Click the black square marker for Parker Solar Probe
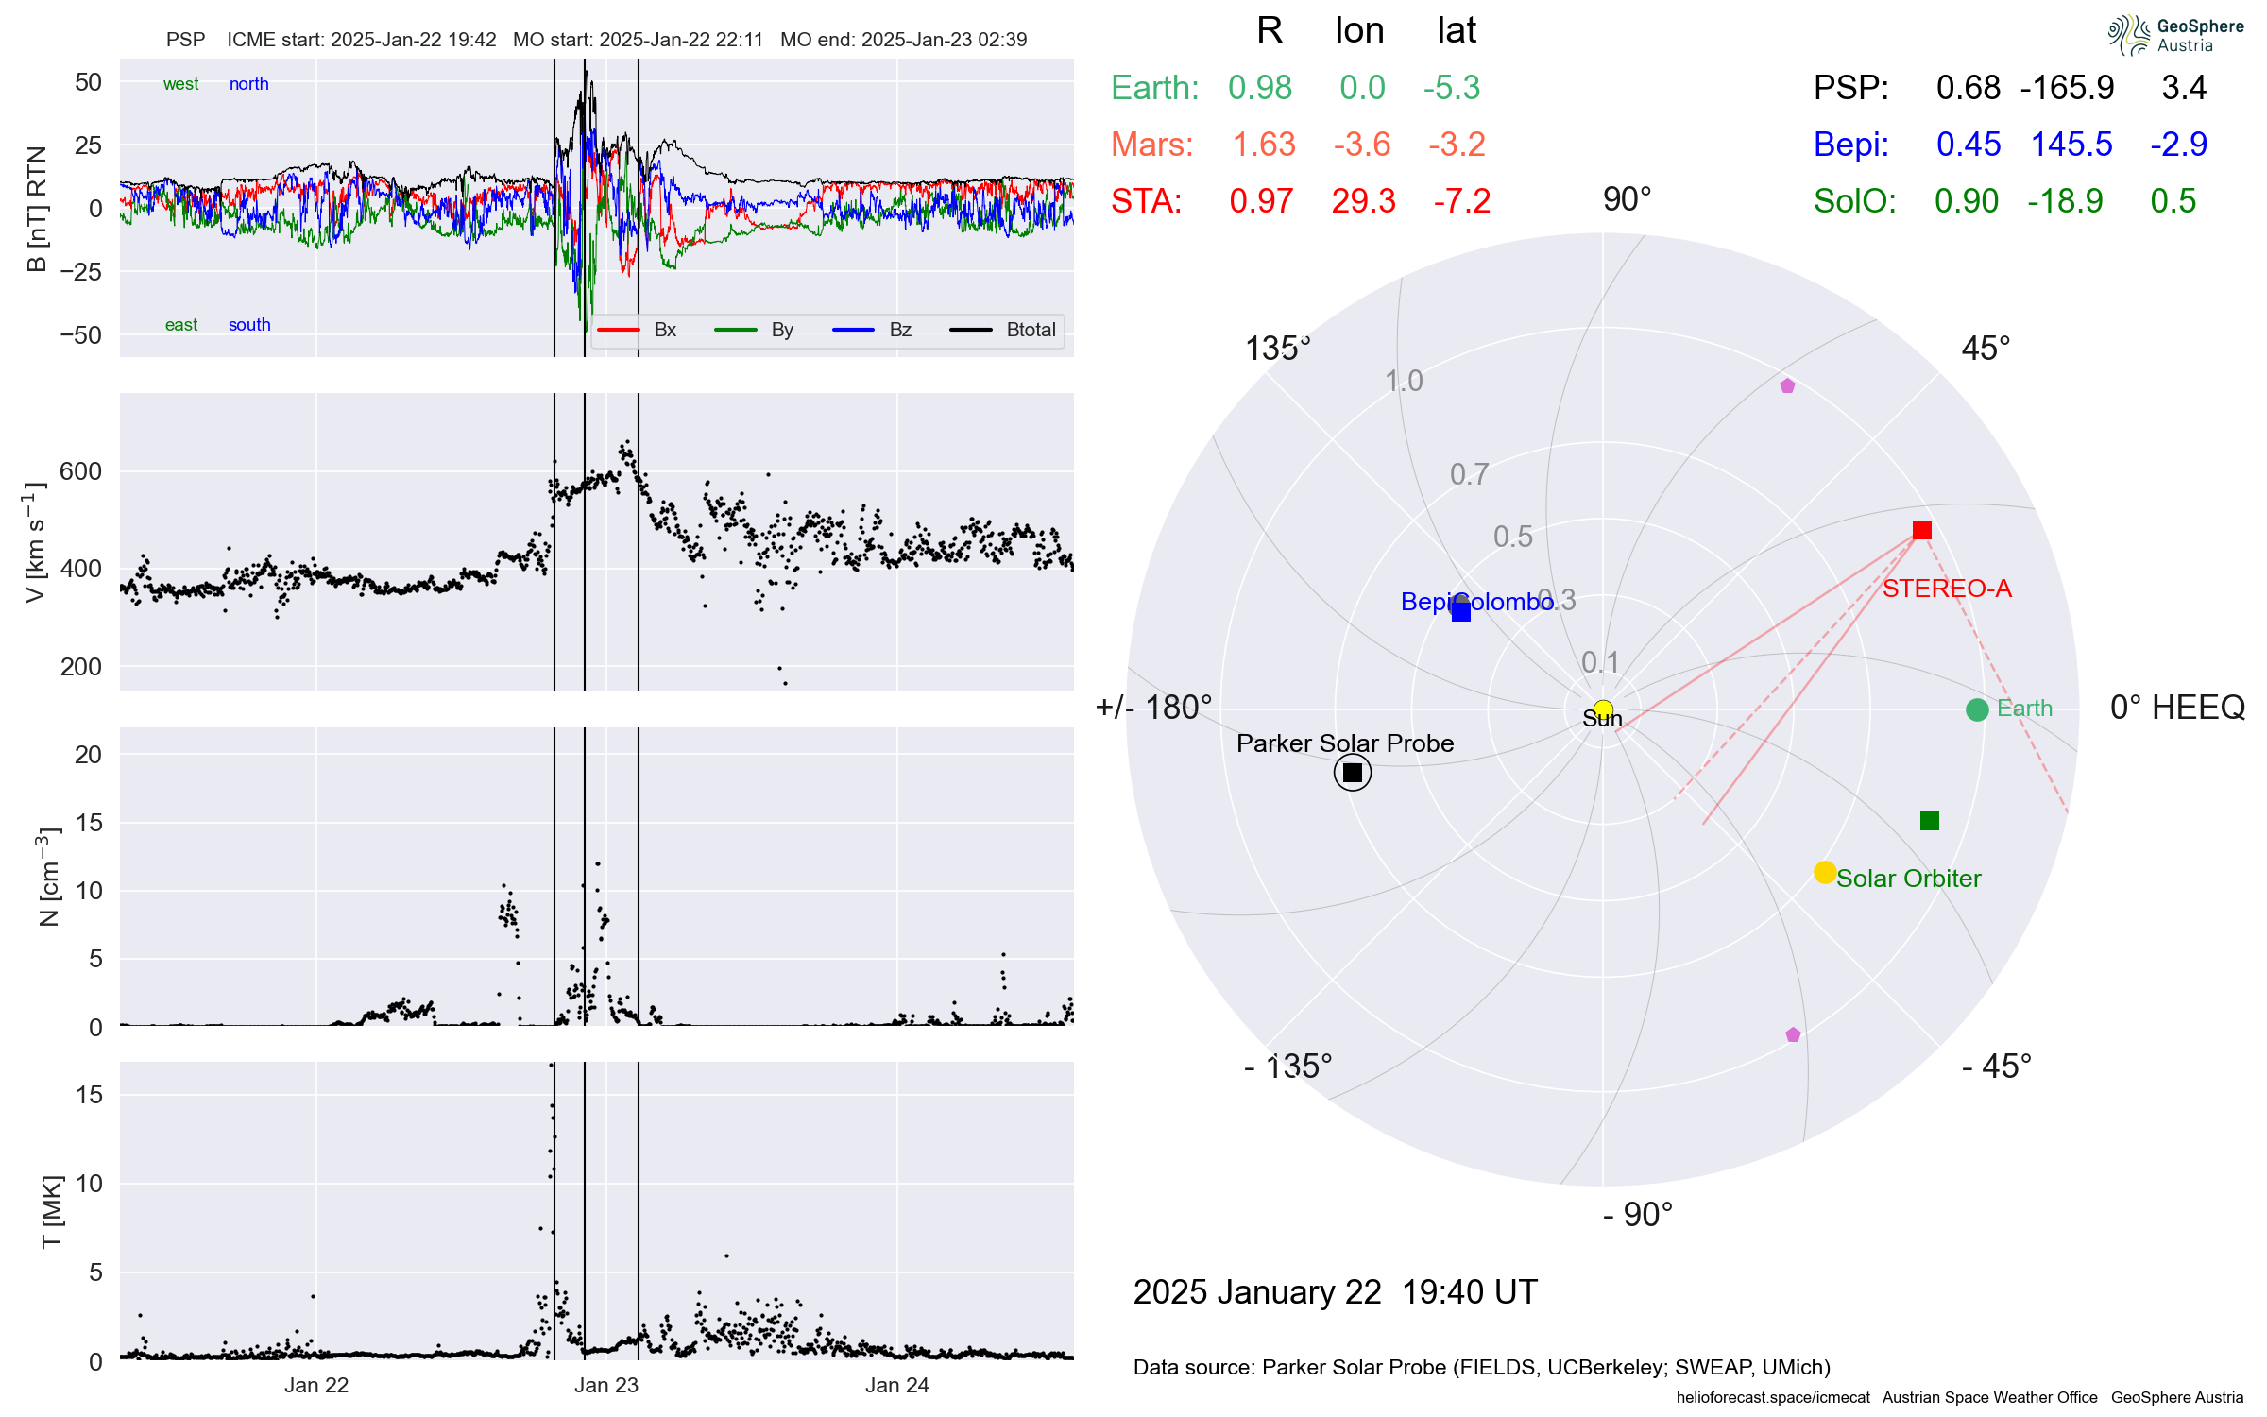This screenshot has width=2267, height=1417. [x=1353, y=773]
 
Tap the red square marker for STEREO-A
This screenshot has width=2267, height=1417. [x=1921, y=530]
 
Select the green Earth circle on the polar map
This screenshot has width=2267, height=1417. [x=1976, y=709]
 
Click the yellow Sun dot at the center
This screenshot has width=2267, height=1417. [x=1603, y=709]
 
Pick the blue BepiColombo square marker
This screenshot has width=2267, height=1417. [x=1461, y=611]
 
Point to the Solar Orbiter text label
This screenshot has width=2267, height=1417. [x=1908, y=879]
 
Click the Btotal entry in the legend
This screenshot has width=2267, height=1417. [x=1030, y=330]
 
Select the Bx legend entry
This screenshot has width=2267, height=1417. [x=664, y=330]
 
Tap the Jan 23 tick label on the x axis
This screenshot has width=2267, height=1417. [x=606, y=1385]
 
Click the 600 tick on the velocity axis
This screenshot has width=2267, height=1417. [x=80, y=471]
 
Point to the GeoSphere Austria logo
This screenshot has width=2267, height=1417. [x=2175, y=35]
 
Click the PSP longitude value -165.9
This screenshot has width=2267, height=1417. [x=2067, y=88]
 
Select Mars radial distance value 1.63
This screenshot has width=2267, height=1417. [x=1264, y=145]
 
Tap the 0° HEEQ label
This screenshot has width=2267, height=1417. [x=2176, y=708]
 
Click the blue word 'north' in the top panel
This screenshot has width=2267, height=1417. [x=248, y=84]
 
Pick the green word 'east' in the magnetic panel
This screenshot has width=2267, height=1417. [x=181, y=325]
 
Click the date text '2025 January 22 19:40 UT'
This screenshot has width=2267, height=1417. [x=1335, y=1291]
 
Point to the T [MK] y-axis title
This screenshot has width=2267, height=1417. [x=51, y=1211]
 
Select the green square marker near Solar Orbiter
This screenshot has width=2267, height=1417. [x=1930, y=821]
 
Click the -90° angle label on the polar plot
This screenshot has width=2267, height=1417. [x=1637, y=1215]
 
